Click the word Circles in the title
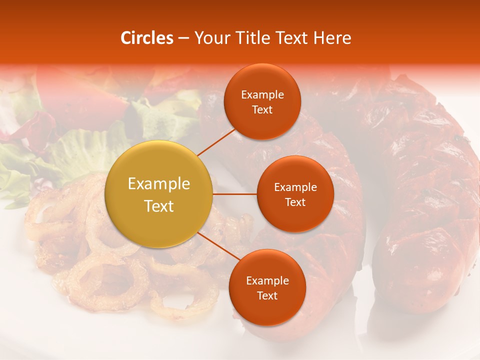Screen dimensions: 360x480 (146, 38)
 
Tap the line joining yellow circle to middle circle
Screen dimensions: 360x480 (234, 194)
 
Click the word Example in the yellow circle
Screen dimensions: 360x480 (159, 184)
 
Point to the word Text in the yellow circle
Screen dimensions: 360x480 (159, 206)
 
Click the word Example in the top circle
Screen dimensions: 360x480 (262, 95)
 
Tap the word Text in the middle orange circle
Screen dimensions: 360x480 (295, 202)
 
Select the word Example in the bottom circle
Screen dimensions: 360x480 (267, 281)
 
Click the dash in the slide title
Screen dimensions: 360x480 (183, 38)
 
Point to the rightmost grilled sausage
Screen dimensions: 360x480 (425, 200)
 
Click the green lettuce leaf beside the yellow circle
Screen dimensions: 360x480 (85, 150)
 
